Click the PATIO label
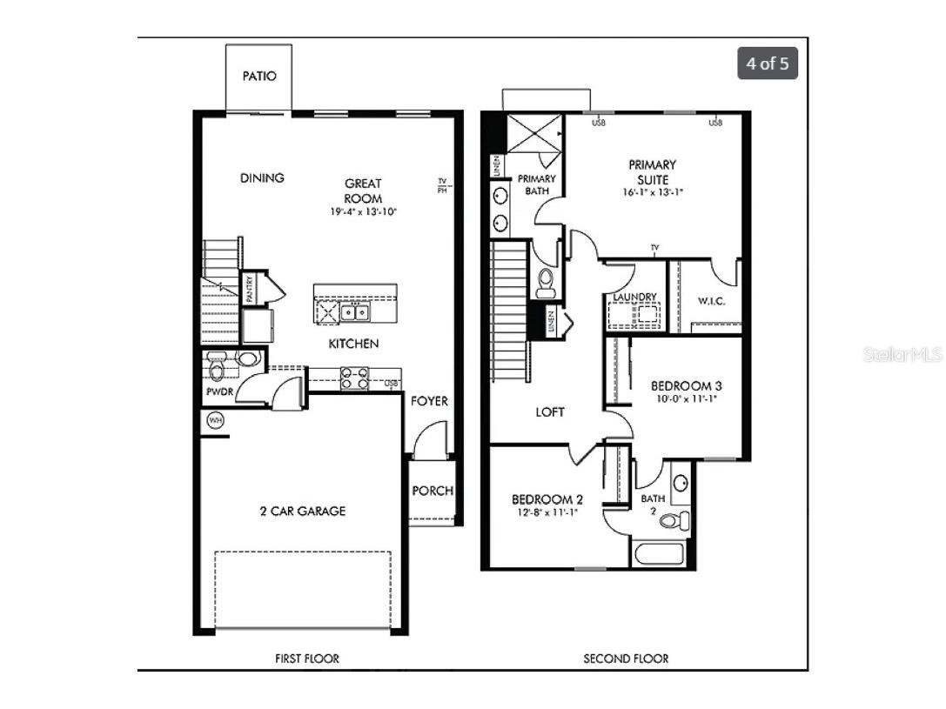(x=259, y=76)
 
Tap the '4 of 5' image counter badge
(x=768, y=64)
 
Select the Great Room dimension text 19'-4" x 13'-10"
(x=363, y=211)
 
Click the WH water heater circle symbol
(x=215, y=421)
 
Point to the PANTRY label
(x=249, y=289)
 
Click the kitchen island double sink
(x=354, y=312)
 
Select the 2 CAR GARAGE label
(x=302, y=512)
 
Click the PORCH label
(x=433, y=491)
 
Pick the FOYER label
(x=430, y=401)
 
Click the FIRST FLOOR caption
(x=306, y=659)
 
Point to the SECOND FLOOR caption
(x=626, y=659)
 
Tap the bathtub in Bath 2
(x=661, y=554)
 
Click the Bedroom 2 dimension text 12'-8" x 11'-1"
(x=547, y=513)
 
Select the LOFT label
(x=549, y=412)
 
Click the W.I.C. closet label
(x=711, y=302)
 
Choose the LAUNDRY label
(x=634, y=298)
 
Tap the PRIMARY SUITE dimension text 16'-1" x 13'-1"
(x=653, y=192)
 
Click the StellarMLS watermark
(x=902, y=355)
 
